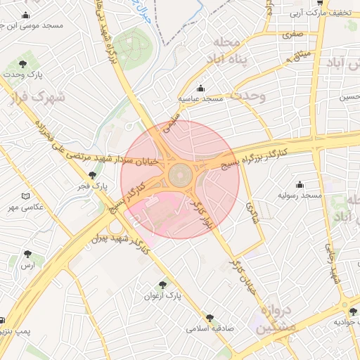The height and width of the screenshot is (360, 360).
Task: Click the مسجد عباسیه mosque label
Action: (200, 99)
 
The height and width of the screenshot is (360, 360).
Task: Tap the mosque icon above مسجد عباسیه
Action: (201, 89)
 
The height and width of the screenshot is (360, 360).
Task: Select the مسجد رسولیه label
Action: (300, 194)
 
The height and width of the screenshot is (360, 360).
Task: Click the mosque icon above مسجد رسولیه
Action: (300, 184)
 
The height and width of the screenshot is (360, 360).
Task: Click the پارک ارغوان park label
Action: (162, 297)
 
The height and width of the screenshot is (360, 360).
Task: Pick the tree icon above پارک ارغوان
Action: (162, 285)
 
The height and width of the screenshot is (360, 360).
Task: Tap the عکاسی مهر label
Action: (25, 207)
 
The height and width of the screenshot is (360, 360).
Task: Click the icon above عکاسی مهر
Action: (26, 196)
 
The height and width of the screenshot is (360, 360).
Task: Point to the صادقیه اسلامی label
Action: (209, 328)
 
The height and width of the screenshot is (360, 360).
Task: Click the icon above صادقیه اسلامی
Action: (209, 318)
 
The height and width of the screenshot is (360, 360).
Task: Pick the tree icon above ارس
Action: (27, 254)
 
